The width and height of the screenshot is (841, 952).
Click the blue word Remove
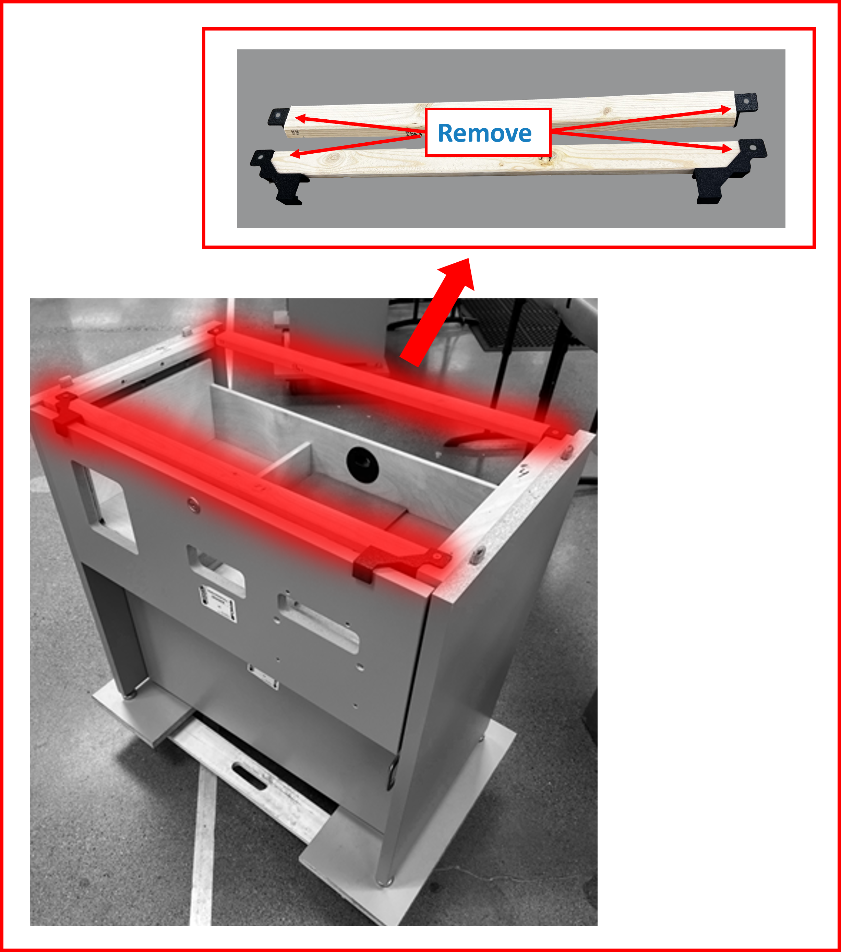tap(484, 133)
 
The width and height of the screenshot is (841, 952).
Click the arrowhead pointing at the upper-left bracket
tap(301, 118)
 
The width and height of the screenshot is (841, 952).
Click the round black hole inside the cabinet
tap(362, 464)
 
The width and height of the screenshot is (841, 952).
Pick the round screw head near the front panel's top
tap(194, 504)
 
